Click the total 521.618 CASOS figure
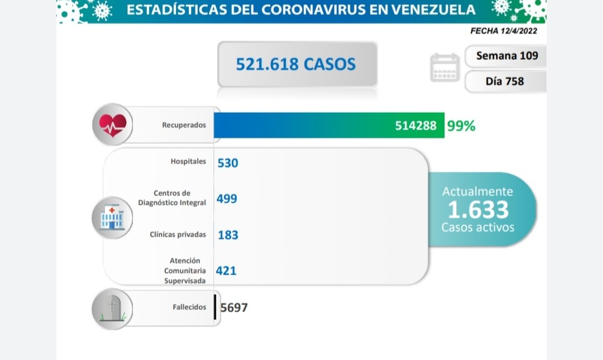296,64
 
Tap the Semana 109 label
507,56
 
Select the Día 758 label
505,81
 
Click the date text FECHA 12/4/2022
504,31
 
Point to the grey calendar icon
444,68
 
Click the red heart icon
113,125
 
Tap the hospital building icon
113,217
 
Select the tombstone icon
113,309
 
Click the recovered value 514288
416,126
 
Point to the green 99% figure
461,126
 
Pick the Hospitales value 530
228,163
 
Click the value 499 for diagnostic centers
227,199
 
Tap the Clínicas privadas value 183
228,235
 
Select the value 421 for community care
227,271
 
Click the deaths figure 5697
234,308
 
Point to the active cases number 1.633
478,210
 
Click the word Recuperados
184,125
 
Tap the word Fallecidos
189,307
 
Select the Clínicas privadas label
178,234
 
